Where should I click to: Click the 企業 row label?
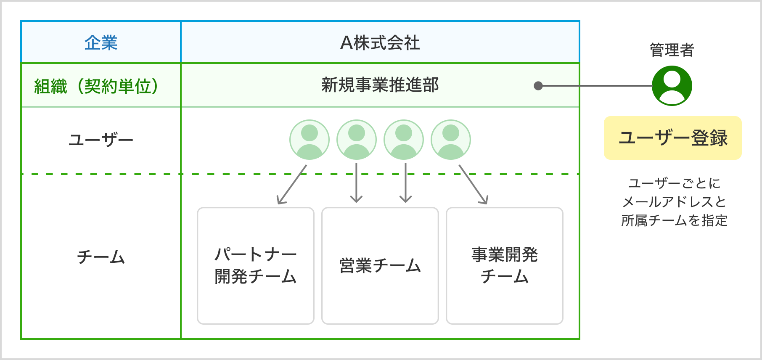[101, 43]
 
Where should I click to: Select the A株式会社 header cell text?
[380, 43]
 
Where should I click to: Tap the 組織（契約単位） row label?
[96, 86]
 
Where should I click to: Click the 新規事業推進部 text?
[380, 85]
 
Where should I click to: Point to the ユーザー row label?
[101, 140]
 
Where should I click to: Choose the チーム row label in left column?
[101, 257]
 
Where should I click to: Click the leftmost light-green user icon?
[310, 140]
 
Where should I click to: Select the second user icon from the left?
[357, 140]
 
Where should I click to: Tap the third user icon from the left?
[404, 140]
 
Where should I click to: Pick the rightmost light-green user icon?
[451, 140]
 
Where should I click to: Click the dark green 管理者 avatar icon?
[672, 86]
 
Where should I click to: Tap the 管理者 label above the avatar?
[672, 50]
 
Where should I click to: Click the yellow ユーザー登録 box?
[672, 138]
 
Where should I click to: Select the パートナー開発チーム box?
[256, 266]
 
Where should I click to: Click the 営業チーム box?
[380, 266]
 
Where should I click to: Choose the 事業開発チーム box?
[505, 266]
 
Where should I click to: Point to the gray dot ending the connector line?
[538, 86]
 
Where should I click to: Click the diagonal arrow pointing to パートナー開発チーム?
[292, 184]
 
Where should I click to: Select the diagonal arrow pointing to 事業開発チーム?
[473, 184]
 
